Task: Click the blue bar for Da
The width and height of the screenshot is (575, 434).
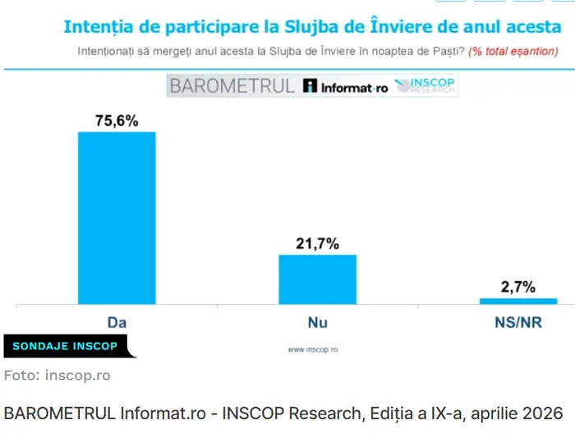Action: coord(116,218)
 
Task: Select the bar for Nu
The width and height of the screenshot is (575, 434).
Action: coord(317,279)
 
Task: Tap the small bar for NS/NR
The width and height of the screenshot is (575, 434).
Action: coord(517,301)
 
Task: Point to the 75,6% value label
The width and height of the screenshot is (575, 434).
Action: coord(117,121)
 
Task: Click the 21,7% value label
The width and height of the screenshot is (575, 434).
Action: coord(317,244)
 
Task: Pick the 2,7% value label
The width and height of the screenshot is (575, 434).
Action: coord(517,287)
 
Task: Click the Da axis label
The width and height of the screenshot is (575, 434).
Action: coord(117,322)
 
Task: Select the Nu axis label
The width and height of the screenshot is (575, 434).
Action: coord(317,322)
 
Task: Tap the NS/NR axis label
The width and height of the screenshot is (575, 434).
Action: coord(517,322)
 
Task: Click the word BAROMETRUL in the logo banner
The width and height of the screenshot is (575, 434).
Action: coord(231,85)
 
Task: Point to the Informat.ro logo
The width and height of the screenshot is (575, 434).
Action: coord(345,86)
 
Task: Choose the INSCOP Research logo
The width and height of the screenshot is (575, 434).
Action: coord(425,85)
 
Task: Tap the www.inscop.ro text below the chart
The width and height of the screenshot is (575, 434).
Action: coord(312,349)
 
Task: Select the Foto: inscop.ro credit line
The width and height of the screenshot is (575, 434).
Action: coord(57,376)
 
